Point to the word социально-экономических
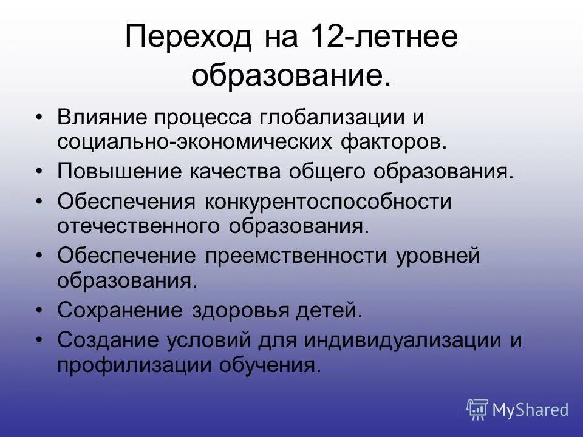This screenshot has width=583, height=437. [x=194, y=143]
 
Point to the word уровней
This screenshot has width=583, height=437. [x=438, y=256]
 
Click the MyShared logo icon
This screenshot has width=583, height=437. [x=477, y=409]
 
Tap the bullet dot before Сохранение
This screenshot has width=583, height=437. [x=39, y=311]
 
